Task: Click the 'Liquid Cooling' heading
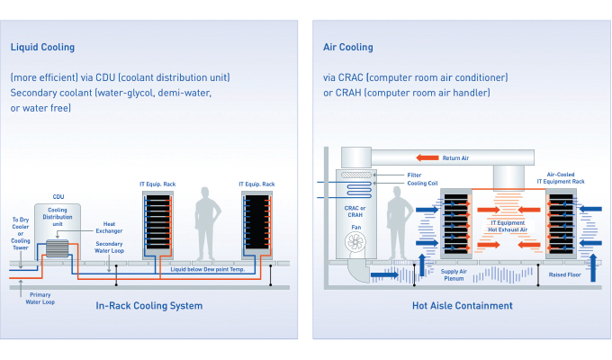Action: pos(42,47)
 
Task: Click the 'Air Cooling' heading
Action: pos(347,47)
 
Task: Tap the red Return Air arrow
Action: pos(427,157)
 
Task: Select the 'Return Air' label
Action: pos(455,158)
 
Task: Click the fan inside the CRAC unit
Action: pos(355,242)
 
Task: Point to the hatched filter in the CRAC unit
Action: pos(356,175)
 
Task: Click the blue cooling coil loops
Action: pos(359,190)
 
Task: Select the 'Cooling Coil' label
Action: pos(422,183)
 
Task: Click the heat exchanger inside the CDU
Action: pos(57,248)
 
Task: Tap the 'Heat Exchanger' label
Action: pos(109,227)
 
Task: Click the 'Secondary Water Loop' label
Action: pos(109,247)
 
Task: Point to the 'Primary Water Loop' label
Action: pos(40,298)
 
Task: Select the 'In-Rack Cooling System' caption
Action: pos(149,306)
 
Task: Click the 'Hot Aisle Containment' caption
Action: pos(463,306)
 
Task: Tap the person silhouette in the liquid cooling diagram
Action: pos(207,224)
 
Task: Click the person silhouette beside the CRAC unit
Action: pos(399,223)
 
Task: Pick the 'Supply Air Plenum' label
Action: pos(454,274)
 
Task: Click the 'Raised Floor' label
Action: pos(565,274)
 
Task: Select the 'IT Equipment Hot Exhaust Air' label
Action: pos(508,226)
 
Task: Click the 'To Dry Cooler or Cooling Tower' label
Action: pos(21,233)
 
